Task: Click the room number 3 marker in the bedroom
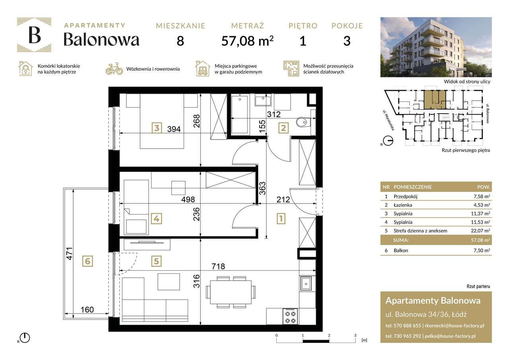[157, 128]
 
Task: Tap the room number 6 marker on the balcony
[87, 261]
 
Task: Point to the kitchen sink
[307, 283]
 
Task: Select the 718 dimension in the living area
[219, 267]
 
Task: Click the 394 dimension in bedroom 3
[173, 129]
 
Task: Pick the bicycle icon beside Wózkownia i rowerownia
[114, 69]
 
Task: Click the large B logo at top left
[34, 35]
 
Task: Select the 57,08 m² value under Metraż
[247, 41]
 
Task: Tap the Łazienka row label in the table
[402, 205]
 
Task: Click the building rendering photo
[436, 47]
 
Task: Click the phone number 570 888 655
[406, 325]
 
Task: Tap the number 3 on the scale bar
[355, 335]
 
